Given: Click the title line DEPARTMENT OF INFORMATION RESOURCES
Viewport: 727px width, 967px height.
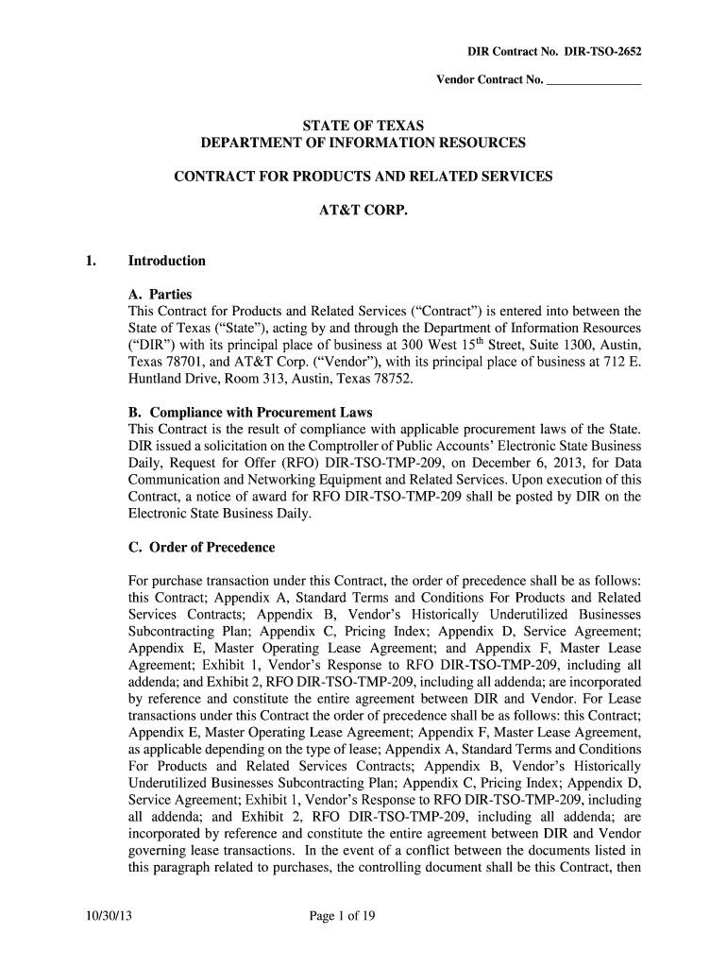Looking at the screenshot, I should pos(363,144).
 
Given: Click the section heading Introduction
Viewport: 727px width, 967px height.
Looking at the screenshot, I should pos(167,261).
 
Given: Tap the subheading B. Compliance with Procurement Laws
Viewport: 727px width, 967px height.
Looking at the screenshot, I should pos(250,413).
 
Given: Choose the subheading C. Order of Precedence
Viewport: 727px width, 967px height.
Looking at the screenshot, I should pos(201,548).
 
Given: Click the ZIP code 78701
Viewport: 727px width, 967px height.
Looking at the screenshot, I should pos(183,363).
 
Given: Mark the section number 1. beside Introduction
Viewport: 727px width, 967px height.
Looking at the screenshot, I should pos(90,261).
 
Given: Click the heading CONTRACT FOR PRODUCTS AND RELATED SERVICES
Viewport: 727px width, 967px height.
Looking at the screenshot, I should pos(363,178).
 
